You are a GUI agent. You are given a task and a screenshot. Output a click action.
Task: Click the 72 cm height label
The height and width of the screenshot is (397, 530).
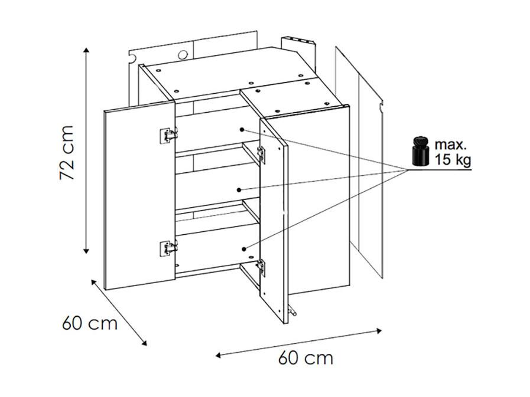(66, 152)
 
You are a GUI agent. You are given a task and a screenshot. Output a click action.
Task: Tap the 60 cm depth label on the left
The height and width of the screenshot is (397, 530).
(90, 323)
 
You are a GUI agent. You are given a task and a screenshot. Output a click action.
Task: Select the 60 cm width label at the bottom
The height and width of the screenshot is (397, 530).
(305, 357)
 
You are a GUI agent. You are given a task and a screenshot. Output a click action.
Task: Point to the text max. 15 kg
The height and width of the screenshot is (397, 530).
(452, 152)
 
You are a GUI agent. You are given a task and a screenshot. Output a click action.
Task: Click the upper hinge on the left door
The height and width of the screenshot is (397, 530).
(168, 136)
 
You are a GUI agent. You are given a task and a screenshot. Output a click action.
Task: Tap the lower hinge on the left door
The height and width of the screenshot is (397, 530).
(168, 248)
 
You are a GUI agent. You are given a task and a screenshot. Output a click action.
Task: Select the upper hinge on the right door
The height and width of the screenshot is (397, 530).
(261, 155)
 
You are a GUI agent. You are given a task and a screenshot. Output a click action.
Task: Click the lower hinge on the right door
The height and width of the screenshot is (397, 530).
(261, 268)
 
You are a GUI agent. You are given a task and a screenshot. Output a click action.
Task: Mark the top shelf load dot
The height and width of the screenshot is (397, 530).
(242, 130)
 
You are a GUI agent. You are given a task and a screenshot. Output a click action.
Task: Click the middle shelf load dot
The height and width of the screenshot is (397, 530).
(239, 190)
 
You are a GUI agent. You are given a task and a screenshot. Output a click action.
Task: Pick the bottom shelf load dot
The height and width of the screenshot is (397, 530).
(243, 249)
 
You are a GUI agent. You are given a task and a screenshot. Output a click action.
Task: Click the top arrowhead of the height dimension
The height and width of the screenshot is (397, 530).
(86, 50)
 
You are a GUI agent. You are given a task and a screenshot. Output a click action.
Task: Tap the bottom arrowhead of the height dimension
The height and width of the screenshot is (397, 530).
(86, 251)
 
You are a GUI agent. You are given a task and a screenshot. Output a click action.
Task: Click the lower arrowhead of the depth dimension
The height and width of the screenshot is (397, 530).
(144, 343)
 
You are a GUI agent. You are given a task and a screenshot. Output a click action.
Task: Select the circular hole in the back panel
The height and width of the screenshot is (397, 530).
(183, 55)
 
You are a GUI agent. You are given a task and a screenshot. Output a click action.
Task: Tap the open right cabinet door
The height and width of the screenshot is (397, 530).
(274, 221)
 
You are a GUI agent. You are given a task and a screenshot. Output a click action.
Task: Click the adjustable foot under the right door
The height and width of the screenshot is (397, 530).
(293, 310)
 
